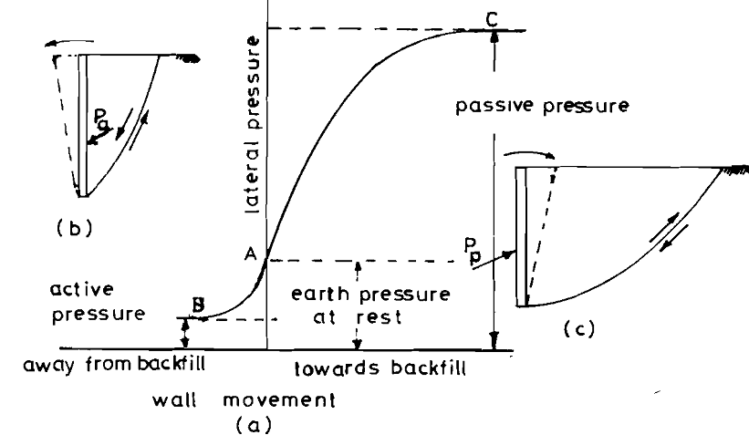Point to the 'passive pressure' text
click(541, 106)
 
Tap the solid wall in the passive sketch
click(522, 237)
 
